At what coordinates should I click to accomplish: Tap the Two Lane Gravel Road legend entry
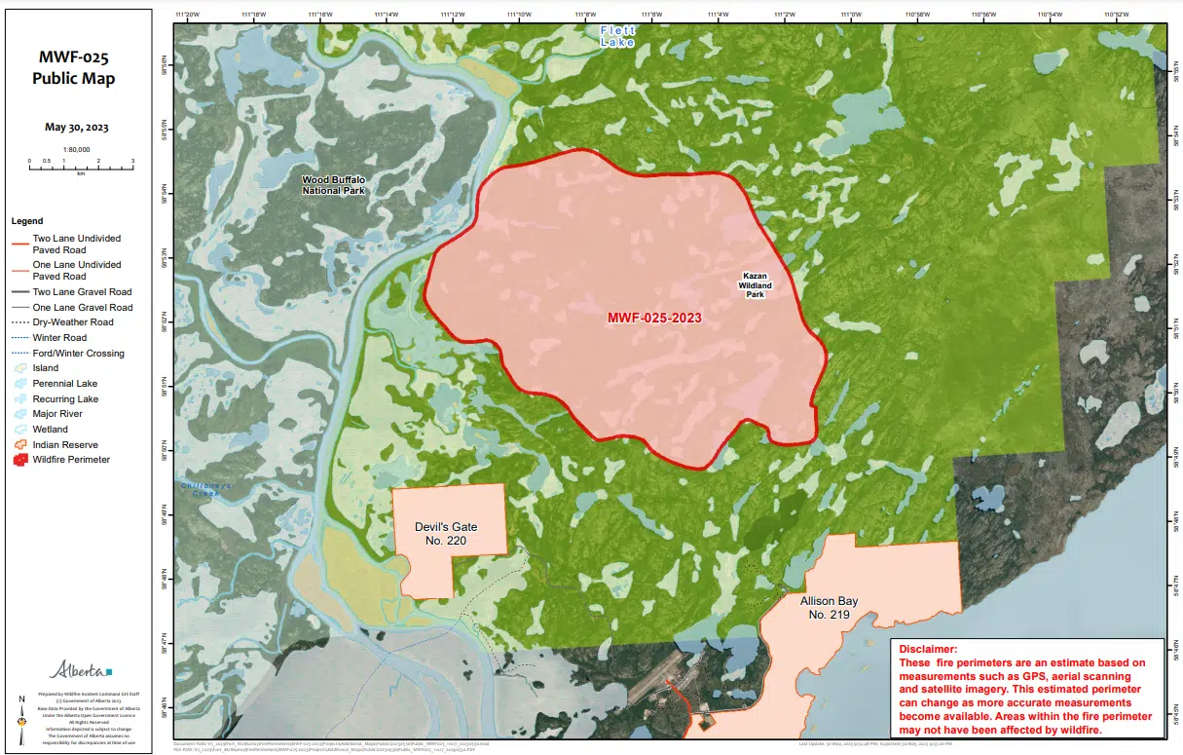(81, 291)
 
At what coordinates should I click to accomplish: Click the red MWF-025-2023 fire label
(654, 318)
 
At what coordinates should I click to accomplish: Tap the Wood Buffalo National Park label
(333, 185)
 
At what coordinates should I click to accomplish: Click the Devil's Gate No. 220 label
(446, 534)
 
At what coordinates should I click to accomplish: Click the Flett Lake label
(617, 37)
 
